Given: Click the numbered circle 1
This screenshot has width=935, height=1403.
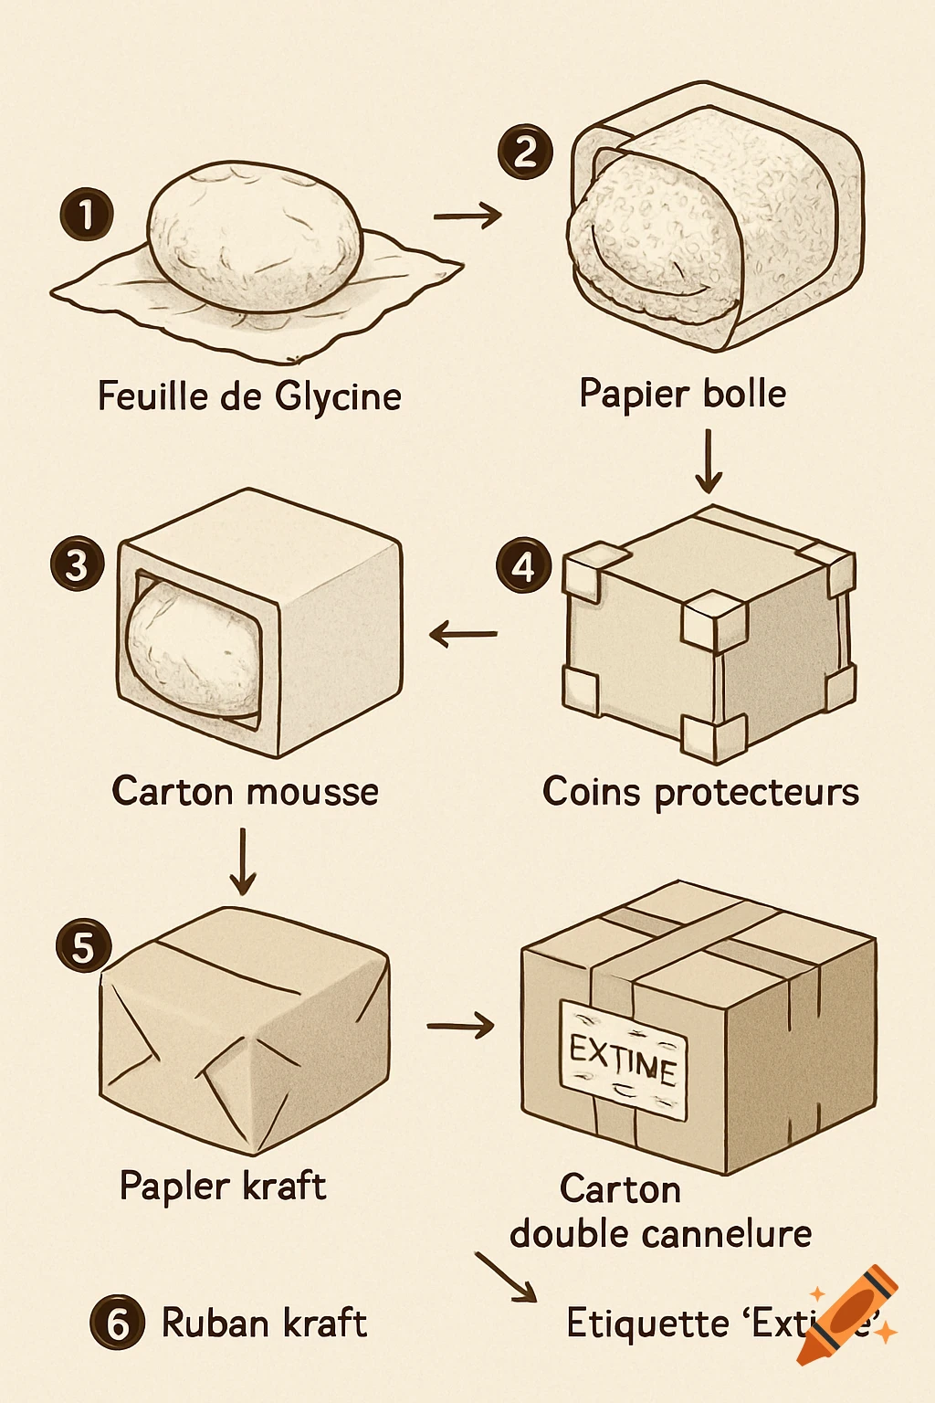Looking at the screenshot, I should pos(87,216).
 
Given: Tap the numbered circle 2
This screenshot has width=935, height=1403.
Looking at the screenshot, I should pos(525,151).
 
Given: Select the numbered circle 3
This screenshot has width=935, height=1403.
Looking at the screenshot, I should pos(77,564).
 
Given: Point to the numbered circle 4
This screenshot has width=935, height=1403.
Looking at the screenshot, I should pos(523,566).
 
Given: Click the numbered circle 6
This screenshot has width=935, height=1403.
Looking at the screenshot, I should pos(117,1323).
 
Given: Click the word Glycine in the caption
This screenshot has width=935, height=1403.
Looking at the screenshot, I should pos(338,397).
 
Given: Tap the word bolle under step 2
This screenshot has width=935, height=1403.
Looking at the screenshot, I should pos(745,394).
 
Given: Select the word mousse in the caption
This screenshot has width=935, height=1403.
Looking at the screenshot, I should pos(310,791).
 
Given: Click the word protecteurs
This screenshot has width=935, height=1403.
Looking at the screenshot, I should pos(757,792).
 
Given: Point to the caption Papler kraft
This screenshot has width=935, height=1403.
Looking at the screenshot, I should pos(223,1187).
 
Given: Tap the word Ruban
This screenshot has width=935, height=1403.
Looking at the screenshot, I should pos(215,1323).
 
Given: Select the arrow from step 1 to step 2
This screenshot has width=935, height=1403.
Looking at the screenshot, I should pos(467,216).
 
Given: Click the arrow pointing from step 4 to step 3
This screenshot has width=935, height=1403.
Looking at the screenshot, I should pos(463,633).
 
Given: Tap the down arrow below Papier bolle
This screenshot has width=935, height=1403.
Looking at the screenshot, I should pos(708,461).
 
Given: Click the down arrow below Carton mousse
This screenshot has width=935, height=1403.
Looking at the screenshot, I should pos(243,861).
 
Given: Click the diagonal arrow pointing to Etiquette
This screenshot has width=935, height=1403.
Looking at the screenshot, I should pos(506,1277).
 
